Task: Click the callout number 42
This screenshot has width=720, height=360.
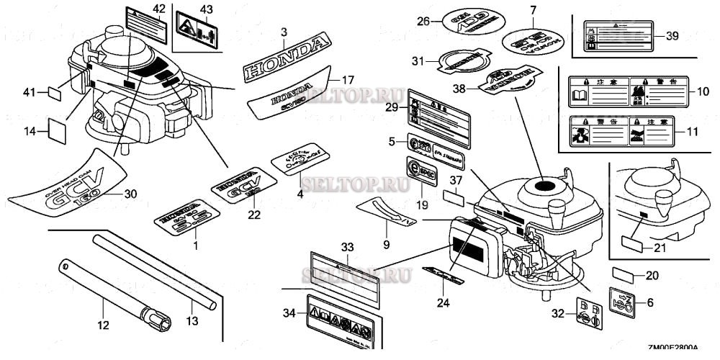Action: (x=159, y=8)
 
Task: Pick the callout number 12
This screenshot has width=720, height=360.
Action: (x=104, y=325)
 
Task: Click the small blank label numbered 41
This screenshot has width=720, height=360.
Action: (x=55, y=93)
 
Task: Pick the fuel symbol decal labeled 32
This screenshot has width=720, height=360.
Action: (x=588, y=312)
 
